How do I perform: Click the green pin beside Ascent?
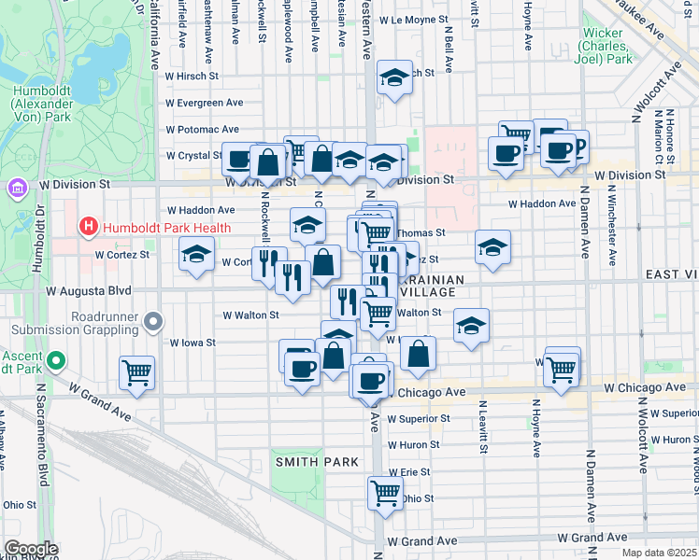[56, 360]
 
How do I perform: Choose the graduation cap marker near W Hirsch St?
[395, 77]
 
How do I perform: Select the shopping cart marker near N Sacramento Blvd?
[137, 373]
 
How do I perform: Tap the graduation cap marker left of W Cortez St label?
[196, 254]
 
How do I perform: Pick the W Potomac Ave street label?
[203, 129]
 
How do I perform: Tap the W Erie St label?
[409, 472]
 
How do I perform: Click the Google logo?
[30, 549]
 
